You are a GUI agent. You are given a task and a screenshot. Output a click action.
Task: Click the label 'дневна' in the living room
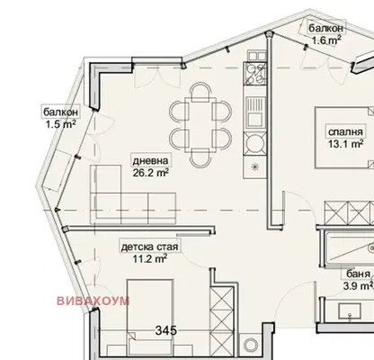(150, 161)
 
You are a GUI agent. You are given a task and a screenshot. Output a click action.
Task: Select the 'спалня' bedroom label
(345, 131)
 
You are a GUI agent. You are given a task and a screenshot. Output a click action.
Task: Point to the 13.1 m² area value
(345, 144)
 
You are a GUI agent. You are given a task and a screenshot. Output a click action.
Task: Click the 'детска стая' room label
(149, 247)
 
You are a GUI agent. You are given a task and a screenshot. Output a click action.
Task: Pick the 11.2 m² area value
(149, 258)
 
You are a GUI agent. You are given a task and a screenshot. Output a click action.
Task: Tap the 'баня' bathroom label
(358, 274)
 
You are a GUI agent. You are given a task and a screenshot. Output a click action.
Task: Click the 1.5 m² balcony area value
(60, 124)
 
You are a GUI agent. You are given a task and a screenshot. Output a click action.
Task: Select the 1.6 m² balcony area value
(326, 40)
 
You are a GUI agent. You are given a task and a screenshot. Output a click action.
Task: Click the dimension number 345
(166, 330)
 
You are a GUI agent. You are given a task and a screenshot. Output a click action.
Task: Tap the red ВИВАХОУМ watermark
(93, 301)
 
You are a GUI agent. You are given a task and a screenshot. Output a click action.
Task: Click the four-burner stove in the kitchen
(254, 74)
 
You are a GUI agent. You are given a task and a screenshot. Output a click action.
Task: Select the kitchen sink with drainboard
(254, 112)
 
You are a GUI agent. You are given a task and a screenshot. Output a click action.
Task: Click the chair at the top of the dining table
(200, 92)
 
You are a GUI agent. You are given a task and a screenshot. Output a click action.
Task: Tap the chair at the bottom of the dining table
(200, 157)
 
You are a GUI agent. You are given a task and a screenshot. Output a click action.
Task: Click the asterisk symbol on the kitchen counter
(254, 167)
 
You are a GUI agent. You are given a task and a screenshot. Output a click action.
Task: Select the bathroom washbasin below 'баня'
(350, 311)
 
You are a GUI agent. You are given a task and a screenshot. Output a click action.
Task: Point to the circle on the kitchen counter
(254, 143)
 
